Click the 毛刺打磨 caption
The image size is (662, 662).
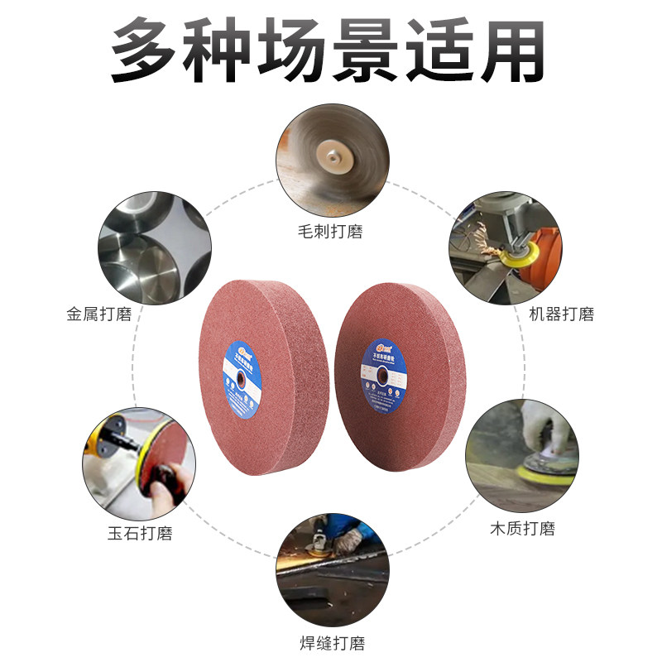[x=331, y=231]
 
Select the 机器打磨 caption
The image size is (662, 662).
[x=561, y=314]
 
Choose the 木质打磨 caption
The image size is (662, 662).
[x=522, y=528]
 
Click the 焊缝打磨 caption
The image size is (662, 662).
[x=331, y=642]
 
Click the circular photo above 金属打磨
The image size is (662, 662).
[x=155, y=247]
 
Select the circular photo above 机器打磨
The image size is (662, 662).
[x=505, y=247]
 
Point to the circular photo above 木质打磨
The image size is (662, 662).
[x=521, y=456]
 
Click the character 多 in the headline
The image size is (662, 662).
[x=147, y=51]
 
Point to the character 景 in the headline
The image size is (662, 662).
[x=368, y=51]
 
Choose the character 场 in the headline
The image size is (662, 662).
[x=294, y=51]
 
